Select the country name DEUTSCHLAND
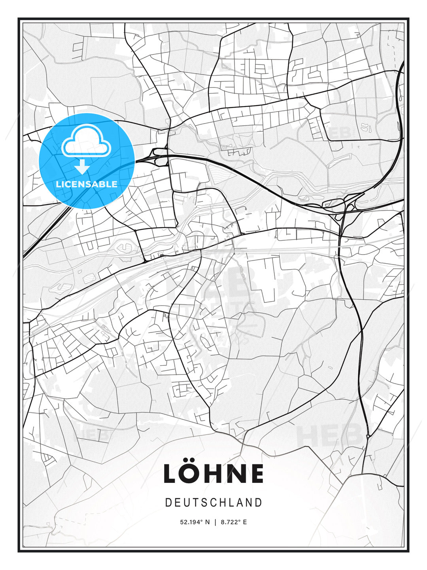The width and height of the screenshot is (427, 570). [213, 503]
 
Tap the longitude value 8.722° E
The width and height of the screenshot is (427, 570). [234, 522]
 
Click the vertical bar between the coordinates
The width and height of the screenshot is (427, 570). [215, 522]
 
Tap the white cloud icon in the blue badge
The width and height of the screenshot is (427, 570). [86, 141]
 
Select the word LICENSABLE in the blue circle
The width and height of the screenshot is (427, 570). [87, 184]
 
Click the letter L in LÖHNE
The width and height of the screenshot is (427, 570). [172, 474]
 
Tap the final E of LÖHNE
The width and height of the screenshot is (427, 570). [256, 474]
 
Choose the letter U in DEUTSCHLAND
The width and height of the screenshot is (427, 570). [186, 503]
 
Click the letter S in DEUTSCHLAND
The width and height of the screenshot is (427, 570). [204, 503]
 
